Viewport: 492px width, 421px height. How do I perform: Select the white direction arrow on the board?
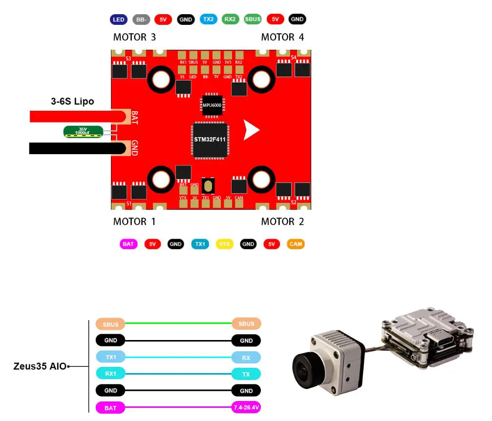(251, 130)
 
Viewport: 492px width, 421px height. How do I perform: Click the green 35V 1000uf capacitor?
(83, 131)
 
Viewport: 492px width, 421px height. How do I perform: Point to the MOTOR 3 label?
(134, 37)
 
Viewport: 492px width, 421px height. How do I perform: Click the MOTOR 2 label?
(282, 221)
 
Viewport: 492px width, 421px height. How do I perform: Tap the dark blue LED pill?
(119, 20)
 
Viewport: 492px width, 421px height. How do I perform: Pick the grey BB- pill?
(141, 20)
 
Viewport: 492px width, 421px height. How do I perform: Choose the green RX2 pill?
(231, 20)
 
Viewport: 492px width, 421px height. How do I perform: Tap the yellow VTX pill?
(224, 244)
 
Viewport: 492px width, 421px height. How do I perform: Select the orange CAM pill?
(295, 244)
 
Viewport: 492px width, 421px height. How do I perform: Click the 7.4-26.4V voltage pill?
(246, 407)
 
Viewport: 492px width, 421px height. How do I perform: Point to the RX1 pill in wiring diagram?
(111, 374)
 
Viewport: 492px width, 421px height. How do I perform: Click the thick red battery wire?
(73, 116)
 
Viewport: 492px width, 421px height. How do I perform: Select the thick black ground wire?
(73, 148)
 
